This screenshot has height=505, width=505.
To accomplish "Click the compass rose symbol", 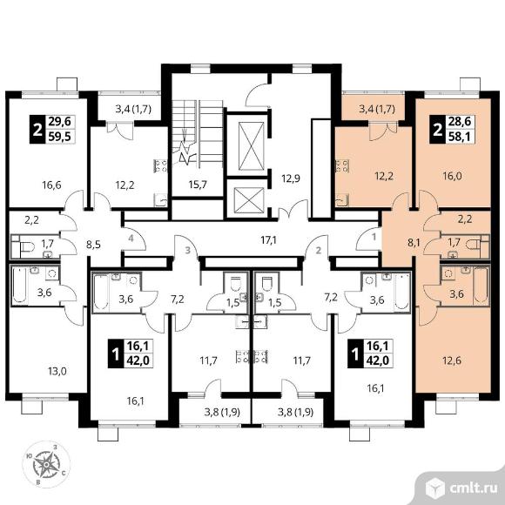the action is [46, 464].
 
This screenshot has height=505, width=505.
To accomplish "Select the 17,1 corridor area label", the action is [269, 240].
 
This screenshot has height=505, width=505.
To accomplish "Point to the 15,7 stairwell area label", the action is [199, 185].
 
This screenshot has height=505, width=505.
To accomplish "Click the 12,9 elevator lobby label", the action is [291, 178].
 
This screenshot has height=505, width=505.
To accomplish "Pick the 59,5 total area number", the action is [61, 137].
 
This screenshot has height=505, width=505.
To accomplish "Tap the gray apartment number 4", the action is [131, 239].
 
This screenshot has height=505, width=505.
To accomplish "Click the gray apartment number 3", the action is [188, 250].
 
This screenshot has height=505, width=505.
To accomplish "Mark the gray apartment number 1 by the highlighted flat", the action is [374, 238].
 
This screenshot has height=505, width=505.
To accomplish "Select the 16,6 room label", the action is [51, 185].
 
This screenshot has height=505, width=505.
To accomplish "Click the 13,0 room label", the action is [57, 372].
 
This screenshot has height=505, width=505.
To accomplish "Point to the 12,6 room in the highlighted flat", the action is [452, 360].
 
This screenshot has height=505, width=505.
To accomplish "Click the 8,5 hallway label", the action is [94, 245].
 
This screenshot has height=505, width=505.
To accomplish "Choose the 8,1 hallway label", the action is [414, 242].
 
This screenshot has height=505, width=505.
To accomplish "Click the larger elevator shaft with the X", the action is [252, 145].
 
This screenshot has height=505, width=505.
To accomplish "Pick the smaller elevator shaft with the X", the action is [249, 200].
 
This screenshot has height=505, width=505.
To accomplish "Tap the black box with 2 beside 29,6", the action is [37, 129].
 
